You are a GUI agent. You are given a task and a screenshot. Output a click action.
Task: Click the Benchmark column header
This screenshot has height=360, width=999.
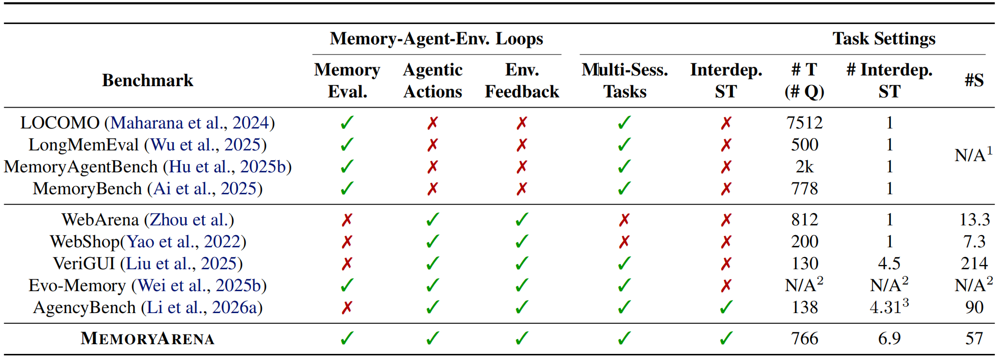148,81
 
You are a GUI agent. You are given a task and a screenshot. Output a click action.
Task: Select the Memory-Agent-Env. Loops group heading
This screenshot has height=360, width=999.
436,39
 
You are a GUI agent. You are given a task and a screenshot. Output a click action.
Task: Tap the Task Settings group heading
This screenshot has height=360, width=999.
884,39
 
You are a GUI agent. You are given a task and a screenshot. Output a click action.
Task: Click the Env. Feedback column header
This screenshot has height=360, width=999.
522,81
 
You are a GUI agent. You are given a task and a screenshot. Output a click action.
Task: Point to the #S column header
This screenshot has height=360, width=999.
974,81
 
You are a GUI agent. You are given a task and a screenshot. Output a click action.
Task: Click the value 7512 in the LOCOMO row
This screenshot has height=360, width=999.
804,123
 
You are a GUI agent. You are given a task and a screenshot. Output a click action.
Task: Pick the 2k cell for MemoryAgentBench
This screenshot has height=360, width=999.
804,167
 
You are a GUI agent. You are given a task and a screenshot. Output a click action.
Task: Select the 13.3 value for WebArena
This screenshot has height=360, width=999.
974,220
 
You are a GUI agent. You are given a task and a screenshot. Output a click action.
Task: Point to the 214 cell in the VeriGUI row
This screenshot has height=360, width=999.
974,264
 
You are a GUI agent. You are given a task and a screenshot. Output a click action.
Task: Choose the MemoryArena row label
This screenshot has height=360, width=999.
147,339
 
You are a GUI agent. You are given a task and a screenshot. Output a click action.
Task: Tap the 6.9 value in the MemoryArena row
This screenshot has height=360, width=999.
889,339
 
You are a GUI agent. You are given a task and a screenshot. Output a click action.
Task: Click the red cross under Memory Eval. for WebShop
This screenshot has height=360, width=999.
347,242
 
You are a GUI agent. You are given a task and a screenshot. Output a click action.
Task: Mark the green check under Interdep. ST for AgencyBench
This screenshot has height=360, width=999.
726,307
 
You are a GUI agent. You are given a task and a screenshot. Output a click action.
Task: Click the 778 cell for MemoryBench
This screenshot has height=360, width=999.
804,189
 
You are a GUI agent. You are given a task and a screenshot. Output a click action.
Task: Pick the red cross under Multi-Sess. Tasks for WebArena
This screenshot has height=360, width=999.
624,220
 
